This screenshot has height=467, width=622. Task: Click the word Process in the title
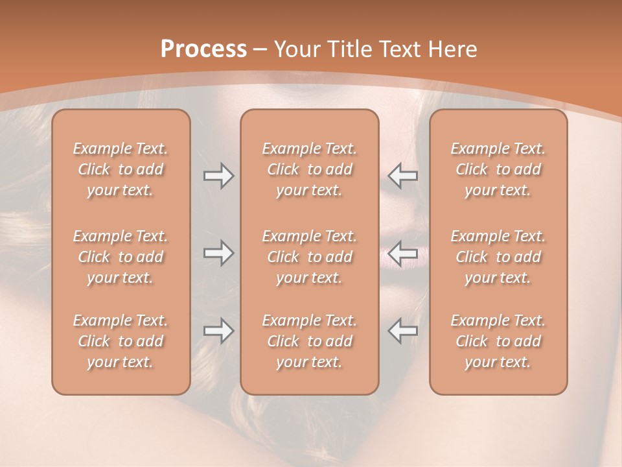click(203, 49)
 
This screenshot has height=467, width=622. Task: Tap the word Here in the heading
click(452, 49)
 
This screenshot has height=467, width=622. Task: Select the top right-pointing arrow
click(219, 176)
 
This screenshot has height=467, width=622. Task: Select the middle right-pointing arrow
click(219, 253)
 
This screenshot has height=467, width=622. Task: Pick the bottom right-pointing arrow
click(219, 331)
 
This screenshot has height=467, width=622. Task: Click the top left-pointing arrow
click(402, 176)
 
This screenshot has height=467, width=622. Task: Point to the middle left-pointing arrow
click(402, 253)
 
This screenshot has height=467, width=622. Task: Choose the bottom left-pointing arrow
click(402, 331)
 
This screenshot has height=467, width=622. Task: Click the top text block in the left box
click(121, 169)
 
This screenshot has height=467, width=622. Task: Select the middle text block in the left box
click(121, 257)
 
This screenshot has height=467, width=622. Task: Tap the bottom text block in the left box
click(121, 341)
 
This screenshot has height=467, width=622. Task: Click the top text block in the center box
click(309, 169)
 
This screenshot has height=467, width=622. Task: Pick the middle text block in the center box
click(309, 257)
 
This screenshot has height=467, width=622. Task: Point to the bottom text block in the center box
click(309, 341)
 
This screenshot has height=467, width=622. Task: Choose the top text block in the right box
click(498, 169)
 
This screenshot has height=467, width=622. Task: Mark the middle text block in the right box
click(498, 257)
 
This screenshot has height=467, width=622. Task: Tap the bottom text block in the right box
click(498, 341)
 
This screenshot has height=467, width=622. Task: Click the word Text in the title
click(400, 49)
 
